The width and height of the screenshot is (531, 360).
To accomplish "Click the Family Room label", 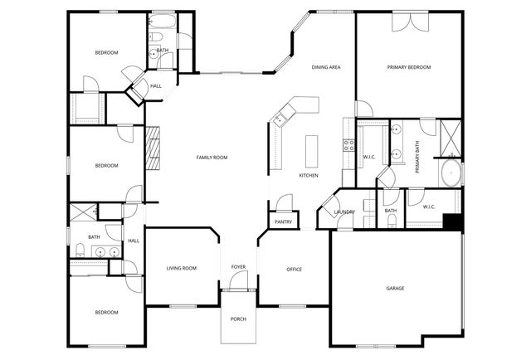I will click(x=212, y=158).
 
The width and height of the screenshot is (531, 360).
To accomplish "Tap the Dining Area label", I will click(x=326, y=67).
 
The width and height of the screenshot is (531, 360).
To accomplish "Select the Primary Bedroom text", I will click(x=409, y=67).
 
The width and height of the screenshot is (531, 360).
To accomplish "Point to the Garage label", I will click(x=395, y=289).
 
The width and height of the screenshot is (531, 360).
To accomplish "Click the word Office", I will click(x=294, y=270).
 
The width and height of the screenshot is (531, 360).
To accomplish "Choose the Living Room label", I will click(x=181, y=268).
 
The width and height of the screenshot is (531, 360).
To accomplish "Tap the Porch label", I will click(x=238, y=319).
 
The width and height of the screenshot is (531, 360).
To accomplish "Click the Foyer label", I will click(x=238, y=267).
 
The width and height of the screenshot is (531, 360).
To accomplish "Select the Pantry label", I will click(x=283, y=221).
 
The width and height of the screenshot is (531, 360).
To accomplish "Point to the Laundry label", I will click(x=344, y=212).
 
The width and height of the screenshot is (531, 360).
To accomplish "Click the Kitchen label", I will click(x=309, y=176).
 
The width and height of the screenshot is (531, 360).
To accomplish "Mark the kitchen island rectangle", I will click(x=313, y=150).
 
